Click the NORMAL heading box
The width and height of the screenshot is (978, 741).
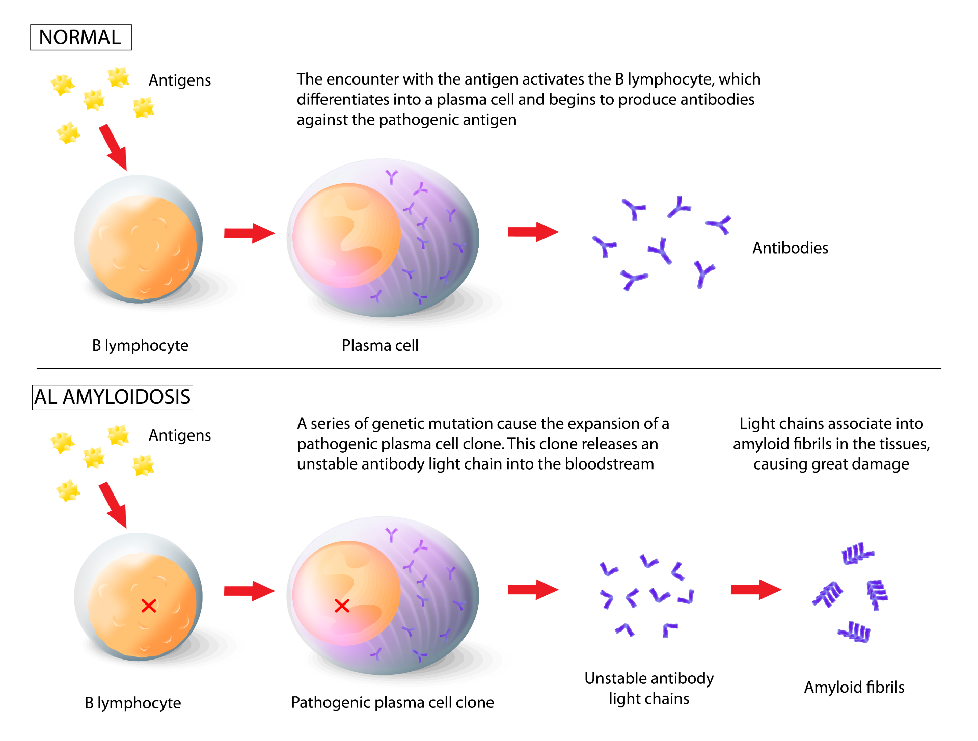[81, 38]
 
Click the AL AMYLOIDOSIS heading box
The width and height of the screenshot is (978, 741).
[113, 397]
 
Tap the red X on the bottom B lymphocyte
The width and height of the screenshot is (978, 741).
[149, 606]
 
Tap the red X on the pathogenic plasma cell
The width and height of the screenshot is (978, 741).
[342, 606]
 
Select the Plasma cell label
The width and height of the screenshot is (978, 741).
[380, 345]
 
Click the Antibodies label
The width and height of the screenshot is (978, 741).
[790, 248]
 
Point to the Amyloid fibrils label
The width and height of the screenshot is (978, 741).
[854, 687]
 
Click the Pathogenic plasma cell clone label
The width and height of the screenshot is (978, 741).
[392, 702]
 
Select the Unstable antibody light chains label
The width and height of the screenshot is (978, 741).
[649, 688]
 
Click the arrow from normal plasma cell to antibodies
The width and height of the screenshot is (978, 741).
[533, 232]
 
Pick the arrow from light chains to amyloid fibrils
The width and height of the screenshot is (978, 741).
[756, 590]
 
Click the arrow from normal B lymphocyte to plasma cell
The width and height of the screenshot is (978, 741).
[250, 233]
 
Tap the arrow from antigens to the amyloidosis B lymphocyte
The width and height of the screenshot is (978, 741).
[113, 505]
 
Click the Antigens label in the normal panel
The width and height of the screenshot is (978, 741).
[180, 80]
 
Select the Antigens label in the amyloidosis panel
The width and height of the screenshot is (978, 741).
[180, 435]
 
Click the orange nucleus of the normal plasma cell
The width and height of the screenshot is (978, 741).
[346, 235]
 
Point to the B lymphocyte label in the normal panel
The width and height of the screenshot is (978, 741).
[140, 345]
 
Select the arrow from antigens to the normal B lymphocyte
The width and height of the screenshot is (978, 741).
[113, 148]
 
